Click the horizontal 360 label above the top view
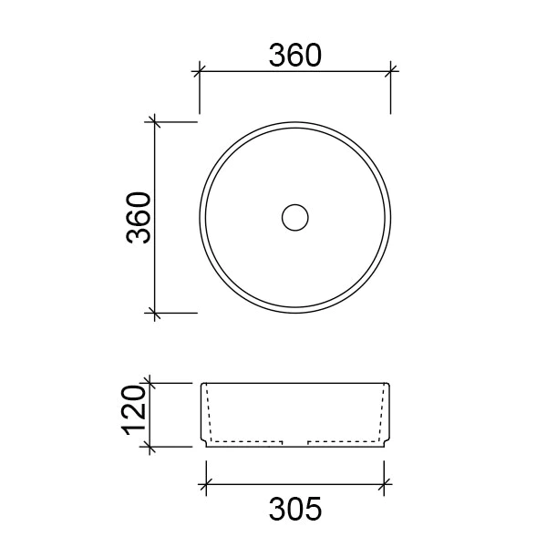click(x=295, y=56)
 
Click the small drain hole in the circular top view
click(x=295, y=216)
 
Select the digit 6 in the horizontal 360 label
click(x=295, y=56)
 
